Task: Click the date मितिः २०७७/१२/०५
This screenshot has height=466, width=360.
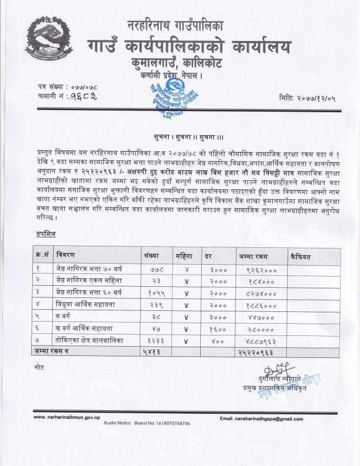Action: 307,98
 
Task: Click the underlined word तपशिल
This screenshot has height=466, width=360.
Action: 46,234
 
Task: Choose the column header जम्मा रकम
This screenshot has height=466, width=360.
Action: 256,256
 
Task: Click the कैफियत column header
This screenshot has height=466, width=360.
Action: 300,256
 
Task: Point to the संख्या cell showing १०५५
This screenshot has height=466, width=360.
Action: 154,292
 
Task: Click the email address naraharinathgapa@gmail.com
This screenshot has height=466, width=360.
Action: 261,419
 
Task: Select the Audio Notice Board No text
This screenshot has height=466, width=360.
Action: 147,423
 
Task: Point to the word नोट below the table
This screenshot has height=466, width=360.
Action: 39,368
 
